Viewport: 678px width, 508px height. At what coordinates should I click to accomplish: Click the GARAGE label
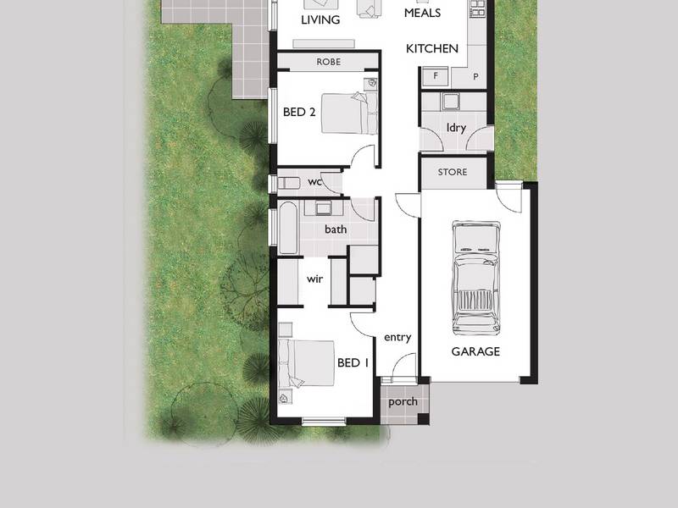click(475, 351)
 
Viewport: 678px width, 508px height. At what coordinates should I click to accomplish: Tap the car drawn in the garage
click(475, 278)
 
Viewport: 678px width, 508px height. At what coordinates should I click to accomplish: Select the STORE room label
click(453, 172)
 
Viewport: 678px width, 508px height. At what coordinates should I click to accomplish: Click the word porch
click(403, 402)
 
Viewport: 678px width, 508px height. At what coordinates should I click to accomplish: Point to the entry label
click(397, 337)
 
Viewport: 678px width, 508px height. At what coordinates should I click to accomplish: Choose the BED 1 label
click(353, 362)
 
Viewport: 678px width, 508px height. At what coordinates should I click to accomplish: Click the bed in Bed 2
click(349, 113)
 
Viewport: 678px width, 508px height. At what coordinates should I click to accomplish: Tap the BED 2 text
click(299, 113)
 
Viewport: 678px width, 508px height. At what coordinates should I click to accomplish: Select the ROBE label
click(328, 62)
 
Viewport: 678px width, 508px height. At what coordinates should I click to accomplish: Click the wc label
click(314, 182)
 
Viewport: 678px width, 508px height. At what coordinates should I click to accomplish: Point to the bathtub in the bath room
click(288, 227)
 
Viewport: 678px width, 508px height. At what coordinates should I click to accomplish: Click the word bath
click(336, 229)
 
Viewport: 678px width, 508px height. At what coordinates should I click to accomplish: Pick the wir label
click(314, 279)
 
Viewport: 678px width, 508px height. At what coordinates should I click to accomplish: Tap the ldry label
click(456, 128)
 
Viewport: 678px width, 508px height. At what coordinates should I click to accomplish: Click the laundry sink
click(451, 102)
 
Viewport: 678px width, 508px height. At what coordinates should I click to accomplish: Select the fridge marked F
click(436, 76)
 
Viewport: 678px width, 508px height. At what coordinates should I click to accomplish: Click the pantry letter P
click(475, 76)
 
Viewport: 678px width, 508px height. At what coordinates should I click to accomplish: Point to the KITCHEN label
click(432, 48)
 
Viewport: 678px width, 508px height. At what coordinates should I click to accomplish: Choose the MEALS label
click(422, 13)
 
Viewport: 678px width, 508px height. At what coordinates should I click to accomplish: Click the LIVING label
click(320, 19)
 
